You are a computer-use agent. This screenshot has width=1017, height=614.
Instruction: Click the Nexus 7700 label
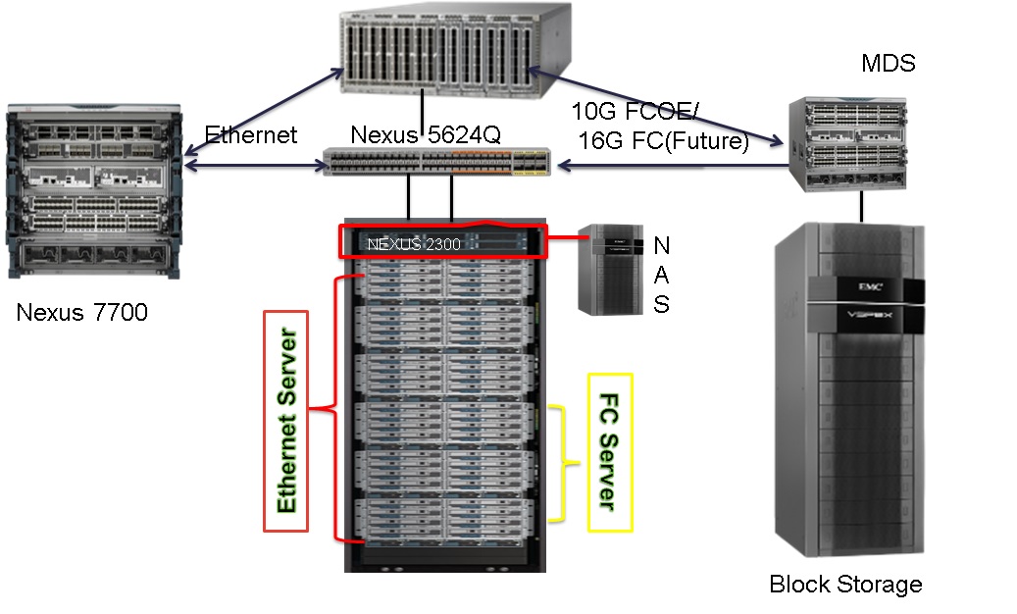pos(82,314)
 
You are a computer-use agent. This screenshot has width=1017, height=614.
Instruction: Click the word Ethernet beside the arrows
pos(250,135)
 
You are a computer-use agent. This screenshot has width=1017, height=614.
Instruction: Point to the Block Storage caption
pos(845,586)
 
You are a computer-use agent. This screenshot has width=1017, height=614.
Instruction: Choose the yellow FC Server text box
pos(610,452)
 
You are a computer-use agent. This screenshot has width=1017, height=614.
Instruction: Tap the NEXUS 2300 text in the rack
pos(414,244)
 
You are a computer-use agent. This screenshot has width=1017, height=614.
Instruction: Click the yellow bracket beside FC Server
pos(561,462)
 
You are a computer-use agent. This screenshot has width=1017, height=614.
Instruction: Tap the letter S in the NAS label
pos(662,305)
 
